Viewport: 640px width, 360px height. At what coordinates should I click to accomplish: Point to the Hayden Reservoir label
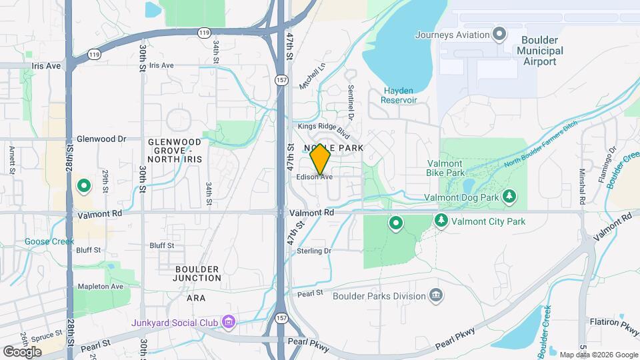399,95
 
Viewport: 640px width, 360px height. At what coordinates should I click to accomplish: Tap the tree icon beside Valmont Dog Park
509,196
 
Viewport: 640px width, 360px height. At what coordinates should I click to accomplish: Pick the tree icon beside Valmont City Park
441,220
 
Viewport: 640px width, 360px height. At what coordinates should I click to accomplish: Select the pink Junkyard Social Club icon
229,323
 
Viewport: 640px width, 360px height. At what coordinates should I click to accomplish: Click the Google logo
22,351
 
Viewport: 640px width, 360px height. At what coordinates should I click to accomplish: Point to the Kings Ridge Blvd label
324,127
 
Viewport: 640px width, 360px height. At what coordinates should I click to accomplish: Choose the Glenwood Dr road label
101,139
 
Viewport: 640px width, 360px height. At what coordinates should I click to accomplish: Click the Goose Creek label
49,241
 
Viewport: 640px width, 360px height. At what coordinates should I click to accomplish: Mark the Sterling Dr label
314,251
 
